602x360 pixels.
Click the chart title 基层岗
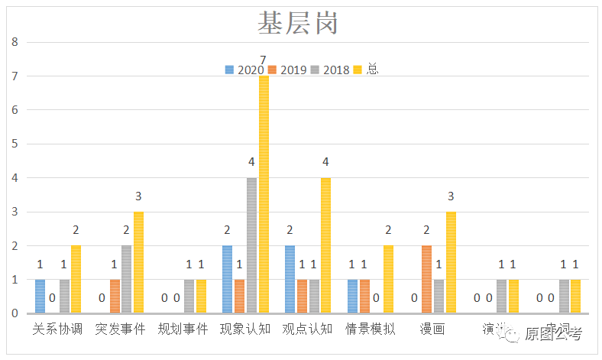[x=296, y=24]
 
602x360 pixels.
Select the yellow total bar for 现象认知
[x=264, y=194]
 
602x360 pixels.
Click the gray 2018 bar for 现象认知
[x=251, y=245]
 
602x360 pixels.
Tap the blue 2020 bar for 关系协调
[x=40, y=297]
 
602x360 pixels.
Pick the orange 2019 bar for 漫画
[x=427, y=280]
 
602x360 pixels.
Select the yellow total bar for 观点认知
[x=325, y=245]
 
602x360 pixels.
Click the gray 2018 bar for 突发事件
[x=127, y=280]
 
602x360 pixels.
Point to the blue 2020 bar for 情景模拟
[x=352, y=297]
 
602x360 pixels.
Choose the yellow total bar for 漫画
[x=451, y=262]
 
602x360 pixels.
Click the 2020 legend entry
[x=245, y=70]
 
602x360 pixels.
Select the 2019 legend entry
[x=288, y=70]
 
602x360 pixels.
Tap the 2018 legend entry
[x=331, y=70]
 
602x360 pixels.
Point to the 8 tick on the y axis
[x=14, y=42]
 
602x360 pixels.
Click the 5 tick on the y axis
[x=14, y=144]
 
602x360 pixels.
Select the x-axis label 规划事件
[x=183, y=329]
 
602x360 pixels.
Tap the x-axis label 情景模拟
[x=370, y=329]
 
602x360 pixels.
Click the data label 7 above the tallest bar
[x=263, y=60]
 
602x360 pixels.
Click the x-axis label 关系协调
[x=57, y=329]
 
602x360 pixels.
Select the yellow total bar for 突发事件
[x=139, y=262]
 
